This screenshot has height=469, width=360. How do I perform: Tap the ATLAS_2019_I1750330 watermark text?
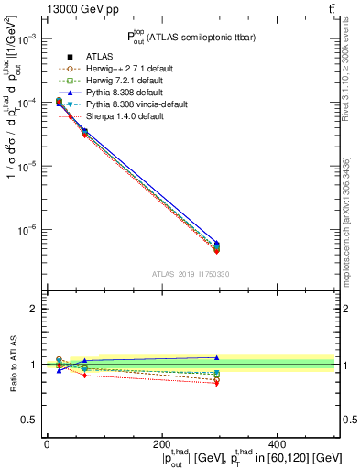(190, 274)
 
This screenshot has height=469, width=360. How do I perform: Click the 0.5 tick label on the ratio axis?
(31, 420)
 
